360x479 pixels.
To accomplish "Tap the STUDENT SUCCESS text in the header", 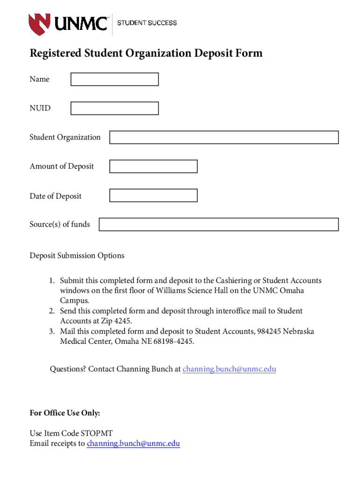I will [x=147, y=23].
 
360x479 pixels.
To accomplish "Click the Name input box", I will [x=115, y=80].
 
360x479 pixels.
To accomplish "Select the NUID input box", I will [x=115, y=109].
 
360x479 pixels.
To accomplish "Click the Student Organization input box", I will [x=223, y=138].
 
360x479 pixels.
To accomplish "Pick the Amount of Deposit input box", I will [x=153, y=167].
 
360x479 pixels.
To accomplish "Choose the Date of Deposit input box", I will [x=153, y=196].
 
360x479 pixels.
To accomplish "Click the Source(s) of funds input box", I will [x=218, y=225].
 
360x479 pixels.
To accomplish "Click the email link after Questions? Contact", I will [x=229, y=369].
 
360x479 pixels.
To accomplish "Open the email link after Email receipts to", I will [x=133, y=443].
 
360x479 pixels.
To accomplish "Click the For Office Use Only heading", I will [x=65, y=413].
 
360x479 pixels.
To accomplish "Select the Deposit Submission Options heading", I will [x=77, y=256].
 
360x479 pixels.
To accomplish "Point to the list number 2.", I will [x=52, y=311].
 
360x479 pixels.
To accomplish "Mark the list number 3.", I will [x=52, y=332].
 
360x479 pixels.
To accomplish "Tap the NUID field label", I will [x=40, y=109].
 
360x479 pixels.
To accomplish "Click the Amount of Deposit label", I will [x=62, y=167].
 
